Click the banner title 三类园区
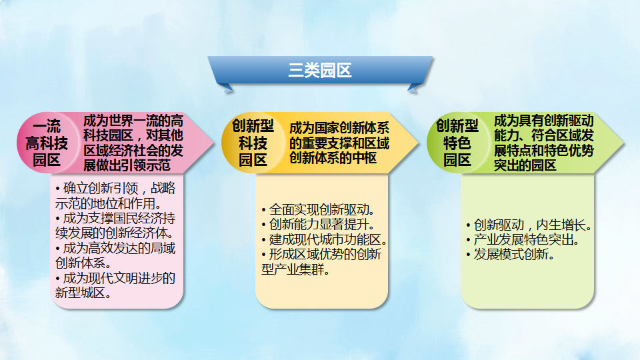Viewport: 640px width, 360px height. coord(320,70)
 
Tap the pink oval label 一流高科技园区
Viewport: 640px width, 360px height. coord(47,143)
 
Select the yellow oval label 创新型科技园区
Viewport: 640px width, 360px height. coord(253,143)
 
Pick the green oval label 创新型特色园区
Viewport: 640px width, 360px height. coord(457,143)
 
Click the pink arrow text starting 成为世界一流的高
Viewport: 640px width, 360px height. coord(133,143)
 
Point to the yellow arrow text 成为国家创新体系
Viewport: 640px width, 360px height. coord(339,143)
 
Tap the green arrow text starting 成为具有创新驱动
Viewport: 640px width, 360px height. coord(544,143)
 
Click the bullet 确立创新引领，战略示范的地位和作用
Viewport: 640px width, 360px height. coord(115,195)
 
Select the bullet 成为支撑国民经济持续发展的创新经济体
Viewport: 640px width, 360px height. coord(115,225)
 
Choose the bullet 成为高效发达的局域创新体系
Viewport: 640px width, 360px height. coord(115,255)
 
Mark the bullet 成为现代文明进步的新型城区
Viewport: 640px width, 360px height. coord(115,285)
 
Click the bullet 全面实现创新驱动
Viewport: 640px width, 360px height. coord(319,210)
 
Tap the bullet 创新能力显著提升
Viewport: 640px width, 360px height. coord(319,225)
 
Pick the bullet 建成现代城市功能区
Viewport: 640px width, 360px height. coord(325,239)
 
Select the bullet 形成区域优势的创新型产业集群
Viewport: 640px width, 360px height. coord(321,261)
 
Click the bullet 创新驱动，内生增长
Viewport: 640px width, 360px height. coord(529,225)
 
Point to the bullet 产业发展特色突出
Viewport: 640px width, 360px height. coord(523,239)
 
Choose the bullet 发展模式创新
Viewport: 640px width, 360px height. coord(510,255)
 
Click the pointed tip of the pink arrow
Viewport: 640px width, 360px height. coord(214,143)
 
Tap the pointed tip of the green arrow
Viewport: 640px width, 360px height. coord(623,143)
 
